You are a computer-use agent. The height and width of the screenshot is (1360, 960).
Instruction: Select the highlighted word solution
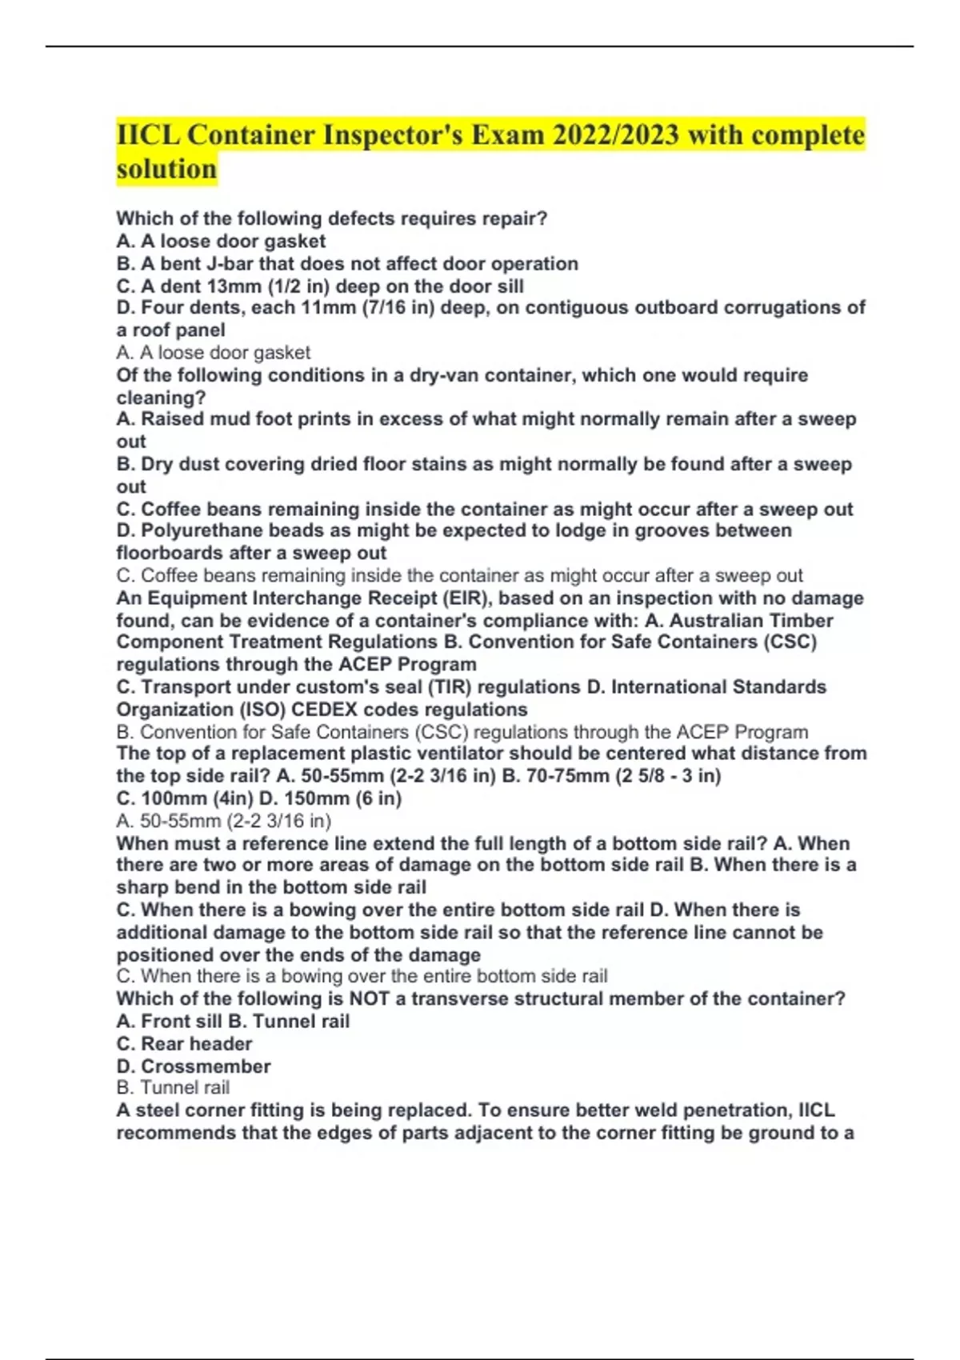pos(166,169)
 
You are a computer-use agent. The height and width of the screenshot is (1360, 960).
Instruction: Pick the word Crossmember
pos(206,1066)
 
